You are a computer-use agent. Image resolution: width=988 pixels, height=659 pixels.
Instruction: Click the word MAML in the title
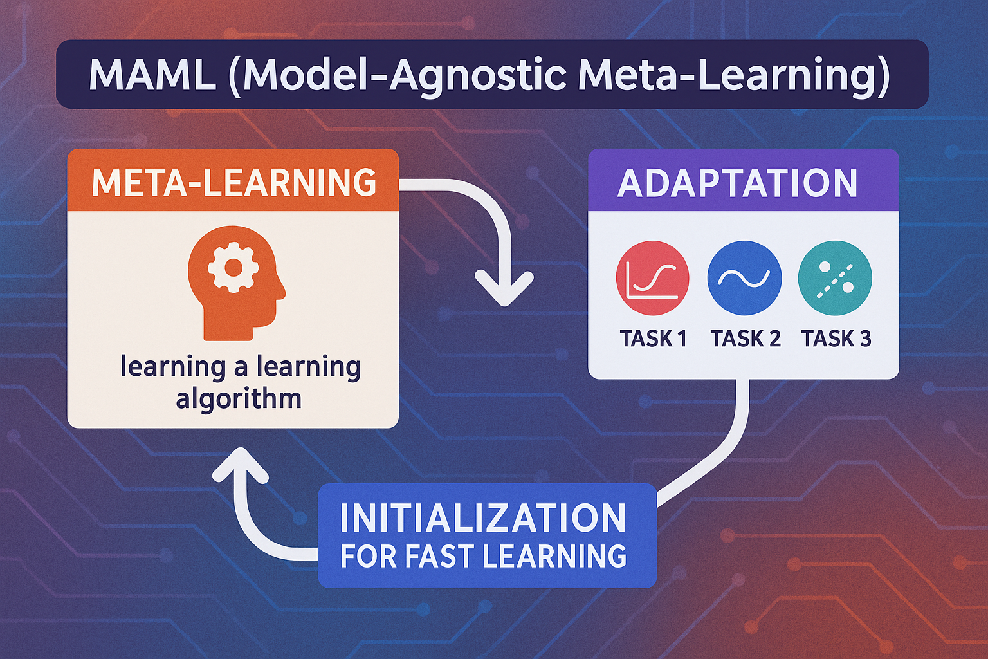(x=152, y=75)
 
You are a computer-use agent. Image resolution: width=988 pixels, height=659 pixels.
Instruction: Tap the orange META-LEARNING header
(x=233, y=182)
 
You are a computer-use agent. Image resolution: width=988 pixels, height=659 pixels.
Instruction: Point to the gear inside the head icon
(x=233, y=267)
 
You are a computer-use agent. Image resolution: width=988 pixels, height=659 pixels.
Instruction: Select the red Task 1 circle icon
(x=652, y=278)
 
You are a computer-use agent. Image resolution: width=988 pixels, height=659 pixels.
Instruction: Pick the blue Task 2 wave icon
(x=744, y=278)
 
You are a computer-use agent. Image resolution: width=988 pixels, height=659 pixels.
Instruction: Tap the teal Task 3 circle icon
(x=835, y=278)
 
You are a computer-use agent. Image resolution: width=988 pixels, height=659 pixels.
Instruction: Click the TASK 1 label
(x=653, y=339)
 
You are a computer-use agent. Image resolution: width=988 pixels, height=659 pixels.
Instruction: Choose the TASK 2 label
(x=745, y=339)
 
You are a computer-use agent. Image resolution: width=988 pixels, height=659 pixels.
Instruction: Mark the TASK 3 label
(x=836, y=339)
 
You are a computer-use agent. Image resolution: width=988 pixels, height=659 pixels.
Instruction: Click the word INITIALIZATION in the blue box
(x=482, y=518)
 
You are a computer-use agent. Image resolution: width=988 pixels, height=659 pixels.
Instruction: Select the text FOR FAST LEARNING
(x=483, y=557)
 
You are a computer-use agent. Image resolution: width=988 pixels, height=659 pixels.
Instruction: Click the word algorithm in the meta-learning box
(x=239, y=399)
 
